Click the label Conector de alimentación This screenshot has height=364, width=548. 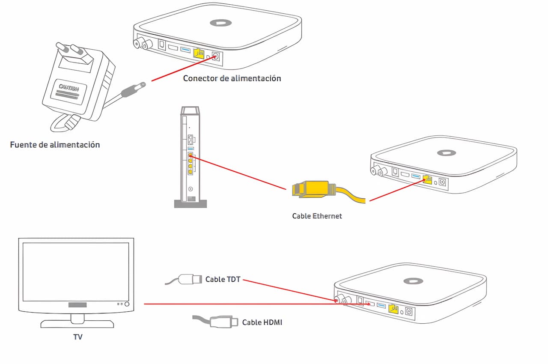tap(232, 78)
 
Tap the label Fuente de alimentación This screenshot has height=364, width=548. tap(55, 145)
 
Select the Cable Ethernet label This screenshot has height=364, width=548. tap(317, 216)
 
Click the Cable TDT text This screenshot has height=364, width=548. tap(223, 280)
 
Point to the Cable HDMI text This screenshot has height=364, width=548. tap(262, 322)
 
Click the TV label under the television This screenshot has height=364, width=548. tap(77, 337)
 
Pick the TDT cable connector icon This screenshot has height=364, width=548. tap(190, 280)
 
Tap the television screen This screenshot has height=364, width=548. tap(76, 272)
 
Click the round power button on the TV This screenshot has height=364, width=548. tap(127, 304)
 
